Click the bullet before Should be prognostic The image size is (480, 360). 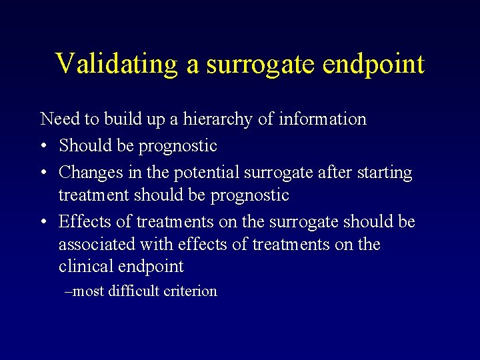[x=43, y=146]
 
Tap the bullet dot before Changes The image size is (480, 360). [x=43, y=173]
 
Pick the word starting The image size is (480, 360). [x=385, y=173]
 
